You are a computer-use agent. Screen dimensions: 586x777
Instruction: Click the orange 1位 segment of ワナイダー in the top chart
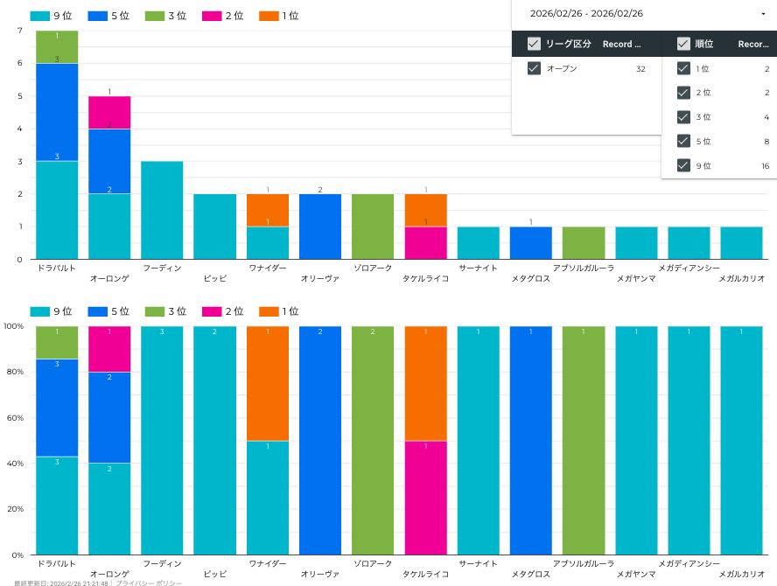[x=268, y=210]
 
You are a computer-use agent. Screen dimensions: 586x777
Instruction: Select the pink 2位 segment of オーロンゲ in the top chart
[x=109, y=113]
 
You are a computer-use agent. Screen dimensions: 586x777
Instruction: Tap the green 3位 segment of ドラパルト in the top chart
[x=57, y=47]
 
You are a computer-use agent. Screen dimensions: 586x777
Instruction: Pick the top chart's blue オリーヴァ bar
[x=320, y=227]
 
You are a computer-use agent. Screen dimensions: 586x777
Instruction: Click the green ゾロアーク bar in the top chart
[x=373, y=227]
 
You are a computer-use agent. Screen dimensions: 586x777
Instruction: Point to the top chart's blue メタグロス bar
[x=531, y=243]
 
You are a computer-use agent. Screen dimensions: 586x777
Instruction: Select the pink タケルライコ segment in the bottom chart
[x=425, y=498]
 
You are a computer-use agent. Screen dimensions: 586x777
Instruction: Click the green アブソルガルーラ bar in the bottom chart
[x=584, y=440]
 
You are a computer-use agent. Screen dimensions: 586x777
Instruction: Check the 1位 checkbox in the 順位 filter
[x=683, y=68]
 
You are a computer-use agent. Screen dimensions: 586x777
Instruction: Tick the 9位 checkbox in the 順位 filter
[x=683, y=165]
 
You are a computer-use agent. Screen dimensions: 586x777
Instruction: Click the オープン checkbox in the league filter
[x=534, y=68]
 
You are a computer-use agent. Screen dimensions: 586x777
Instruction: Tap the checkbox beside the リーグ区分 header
[x=534, y=44]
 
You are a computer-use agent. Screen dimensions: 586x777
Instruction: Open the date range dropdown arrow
[x=763, y=14]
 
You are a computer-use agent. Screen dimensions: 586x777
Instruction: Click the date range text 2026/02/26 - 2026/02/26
[x=586, y=14]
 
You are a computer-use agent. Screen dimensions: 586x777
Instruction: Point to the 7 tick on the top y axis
[x=19, y=31]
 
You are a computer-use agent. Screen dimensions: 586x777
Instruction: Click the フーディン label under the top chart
[x=162, y=268]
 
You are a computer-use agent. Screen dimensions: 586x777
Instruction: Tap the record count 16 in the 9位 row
[x=765, y=165]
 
